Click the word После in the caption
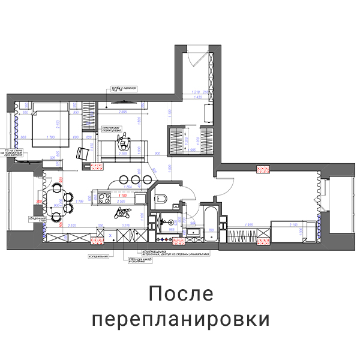pos(180,295)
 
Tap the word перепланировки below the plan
pos(180,319)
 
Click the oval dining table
pos(57,200)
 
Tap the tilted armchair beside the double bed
pos(83,153)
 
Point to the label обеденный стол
pos(31,218)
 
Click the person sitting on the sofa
pos(125,142)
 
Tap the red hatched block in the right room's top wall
pos(262,170)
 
